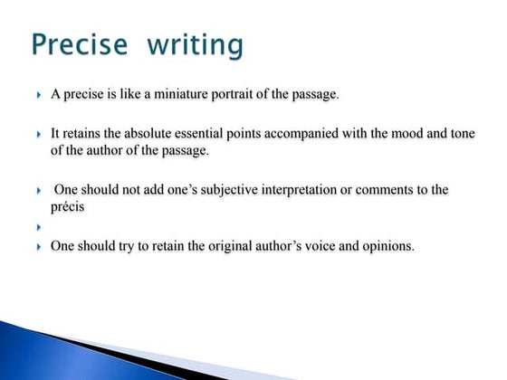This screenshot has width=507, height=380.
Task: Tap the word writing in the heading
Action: point(189,44)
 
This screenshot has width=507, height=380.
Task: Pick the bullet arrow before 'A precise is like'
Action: point(40,95)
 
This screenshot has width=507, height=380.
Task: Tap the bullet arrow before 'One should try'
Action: point(40,246)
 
